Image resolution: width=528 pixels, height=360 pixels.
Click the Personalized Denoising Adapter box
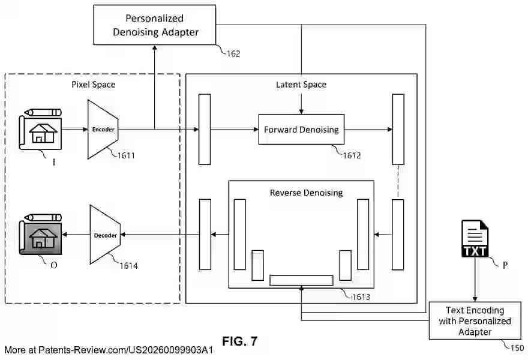(155, 25)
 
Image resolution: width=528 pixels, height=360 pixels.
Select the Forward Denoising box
(301, 130)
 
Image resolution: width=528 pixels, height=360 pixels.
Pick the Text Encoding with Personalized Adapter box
(475, 321)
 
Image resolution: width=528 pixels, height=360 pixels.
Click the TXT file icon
(475, 239)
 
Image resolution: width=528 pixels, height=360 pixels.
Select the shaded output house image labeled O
(40, 235)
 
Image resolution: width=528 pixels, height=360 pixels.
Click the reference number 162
(233, 54)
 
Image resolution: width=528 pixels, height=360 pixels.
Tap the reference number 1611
(127, 156)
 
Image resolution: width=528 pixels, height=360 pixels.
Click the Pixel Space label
(93, 85)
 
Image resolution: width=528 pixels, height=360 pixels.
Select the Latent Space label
(301, 85)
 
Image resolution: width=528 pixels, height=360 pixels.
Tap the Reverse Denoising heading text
(306, 193)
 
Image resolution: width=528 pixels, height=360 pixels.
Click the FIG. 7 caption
(239, 341)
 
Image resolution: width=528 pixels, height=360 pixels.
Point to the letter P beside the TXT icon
(505, 264)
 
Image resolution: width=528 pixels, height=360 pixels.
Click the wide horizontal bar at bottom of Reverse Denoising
(301, 280)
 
